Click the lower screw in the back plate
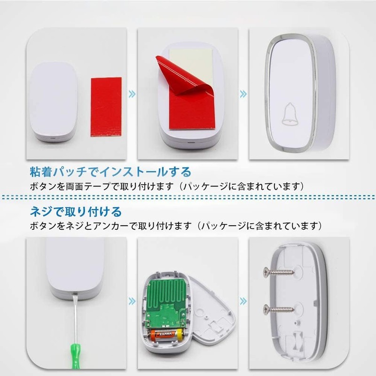278,309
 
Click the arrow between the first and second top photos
132,94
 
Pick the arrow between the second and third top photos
243,94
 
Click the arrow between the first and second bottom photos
132,301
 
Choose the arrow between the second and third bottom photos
243,301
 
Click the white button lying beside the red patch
55,101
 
